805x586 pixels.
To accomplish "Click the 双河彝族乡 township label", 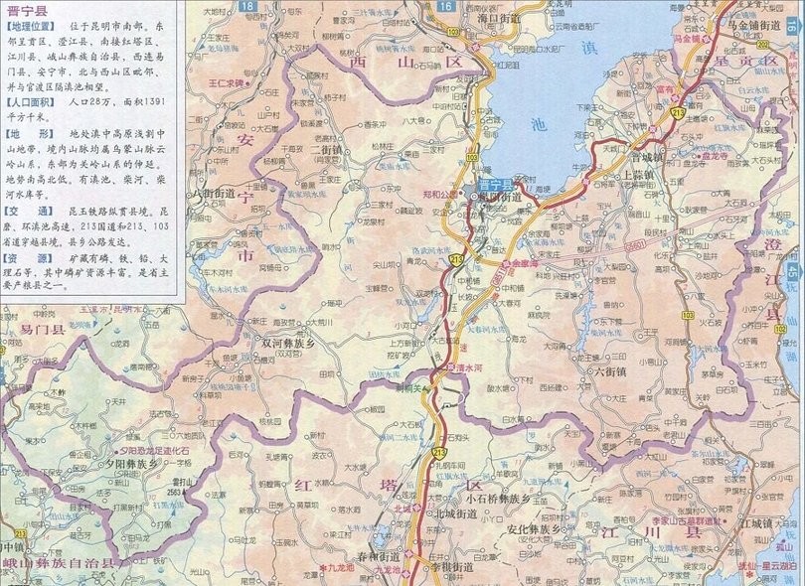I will coord(287,340).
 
